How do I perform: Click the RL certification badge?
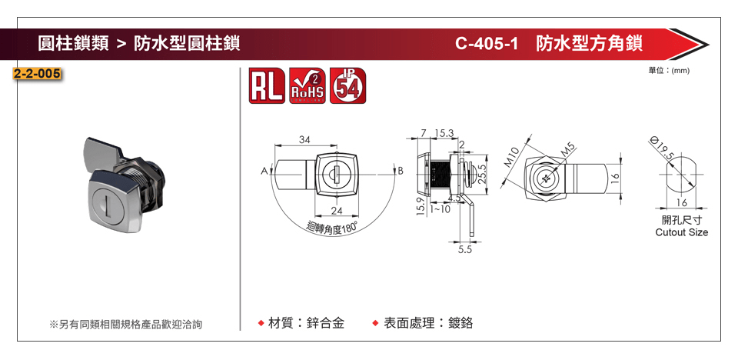click(267, 85)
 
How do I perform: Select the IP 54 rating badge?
click(347, 85)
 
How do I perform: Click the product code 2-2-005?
click(37, 75)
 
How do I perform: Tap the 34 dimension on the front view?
click(304, 140)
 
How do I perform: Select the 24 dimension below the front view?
click(336, 211)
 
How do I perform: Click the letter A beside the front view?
click(263, 171)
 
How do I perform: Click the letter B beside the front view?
click(400, 171)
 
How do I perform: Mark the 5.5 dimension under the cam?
click(464, 250)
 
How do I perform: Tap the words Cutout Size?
click(681, 232)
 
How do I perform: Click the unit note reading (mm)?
click(681, 71)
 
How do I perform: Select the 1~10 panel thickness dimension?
click(440, 209)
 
